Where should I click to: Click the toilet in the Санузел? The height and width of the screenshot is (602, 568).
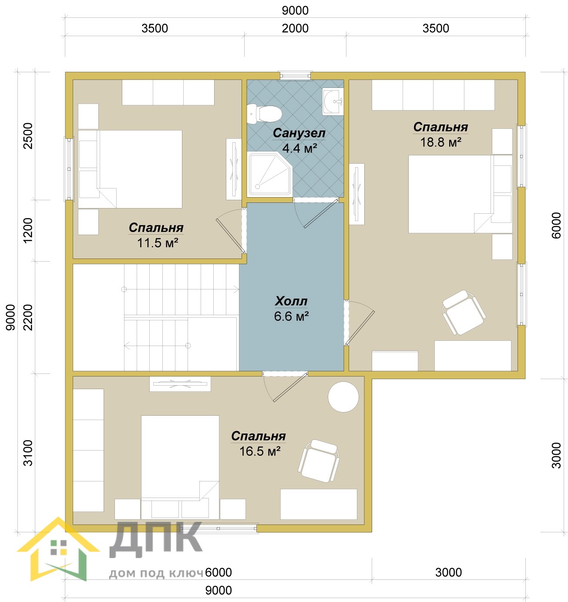pos(264,114)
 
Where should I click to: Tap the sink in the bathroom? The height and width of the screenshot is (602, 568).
pos(333,101)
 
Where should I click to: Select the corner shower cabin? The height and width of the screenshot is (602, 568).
pos(270,174)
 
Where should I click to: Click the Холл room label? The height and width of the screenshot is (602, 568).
pos(291,301)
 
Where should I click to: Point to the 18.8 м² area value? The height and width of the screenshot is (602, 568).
pos(441,142)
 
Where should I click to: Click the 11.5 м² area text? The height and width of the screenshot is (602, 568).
pos(158,243)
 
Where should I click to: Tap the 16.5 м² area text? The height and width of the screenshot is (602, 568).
pos(260,451)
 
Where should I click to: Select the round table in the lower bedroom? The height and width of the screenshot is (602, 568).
pos(343,397)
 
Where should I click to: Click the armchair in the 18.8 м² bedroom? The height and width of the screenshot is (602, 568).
pos(464,313)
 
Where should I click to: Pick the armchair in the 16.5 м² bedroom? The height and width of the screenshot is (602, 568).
pos(319,461)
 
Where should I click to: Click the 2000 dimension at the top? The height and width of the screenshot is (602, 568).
pos(295,28)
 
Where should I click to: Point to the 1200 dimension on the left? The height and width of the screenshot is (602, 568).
pos(28,230)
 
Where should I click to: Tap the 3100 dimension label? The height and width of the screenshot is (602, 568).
pos(28,453)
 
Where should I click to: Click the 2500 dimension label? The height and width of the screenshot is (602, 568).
pos(28,135)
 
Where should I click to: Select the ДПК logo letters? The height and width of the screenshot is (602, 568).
pos(156,540)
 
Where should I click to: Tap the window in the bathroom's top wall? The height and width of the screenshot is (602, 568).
pos(296,75)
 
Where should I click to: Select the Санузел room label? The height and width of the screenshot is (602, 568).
pos(299,133)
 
